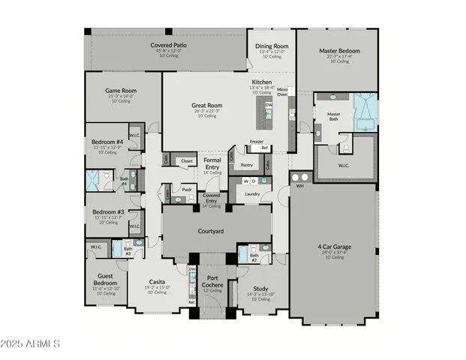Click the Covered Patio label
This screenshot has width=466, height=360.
point(168,46)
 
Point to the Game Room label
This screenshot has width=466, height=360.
point(120,91)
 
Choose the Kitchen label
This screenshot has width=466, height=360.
point(261,82)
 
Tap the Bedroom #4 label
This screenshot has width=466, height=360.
point(107,142)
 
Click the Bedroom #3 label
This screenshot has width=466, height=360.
point(107,212)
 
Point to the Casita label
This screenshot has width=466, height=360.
point(157,281)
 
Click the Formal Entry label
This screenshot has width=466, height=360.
point(213,163)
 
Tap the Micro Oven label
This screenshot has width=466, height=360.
point(282,91)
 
